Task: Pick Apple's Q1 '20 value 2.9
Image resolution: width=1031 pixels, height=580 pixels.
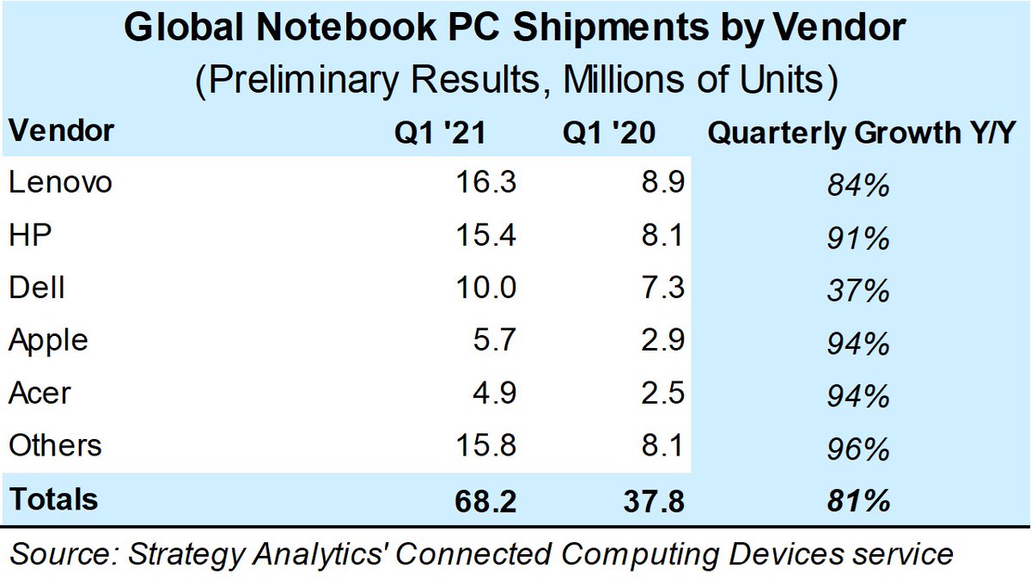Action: click(662, 341)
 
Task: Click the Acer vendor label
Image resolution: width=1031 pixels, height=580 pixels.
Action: click(40, 394)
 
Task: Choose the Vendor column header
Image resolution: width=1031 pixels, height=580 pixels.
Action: click(60, 131)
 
